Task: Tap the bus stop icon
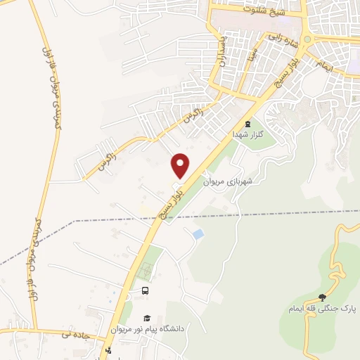pos(146,290)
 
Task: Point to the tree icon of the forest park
pos(322,297)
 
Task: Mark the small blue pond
pos(198,233)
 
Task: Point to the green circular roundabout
pos(308,39)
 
